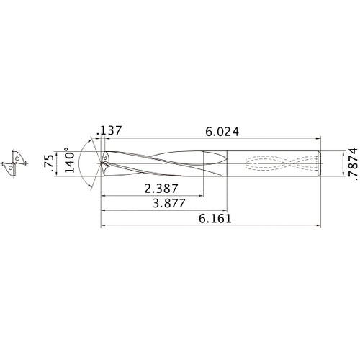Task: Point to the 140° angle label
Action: click(67, 163)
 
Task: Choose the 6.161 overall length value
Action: click(212, 220)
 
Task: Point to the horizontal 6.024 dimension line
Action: click(216, 138)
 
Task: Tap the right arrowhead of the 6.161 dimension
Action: click(318, 227)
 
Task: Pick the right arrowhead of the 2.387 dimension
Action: click(202, 195)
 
